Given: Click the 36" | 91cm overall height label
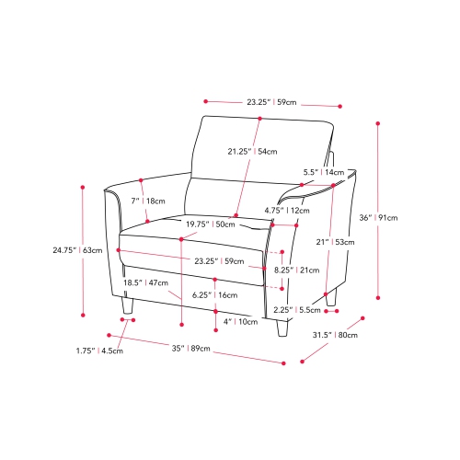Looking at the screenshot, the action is coord(378,218).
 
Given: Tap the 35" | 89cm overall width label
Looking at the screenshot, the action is coord(190,349).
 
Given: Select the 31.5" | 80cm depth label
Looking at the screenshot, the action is coord(335,335).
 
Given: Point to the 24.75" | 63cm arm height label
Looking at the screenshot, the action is coord(77,250).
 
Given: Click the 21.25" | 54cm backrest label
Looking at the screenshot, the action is coord(252,151).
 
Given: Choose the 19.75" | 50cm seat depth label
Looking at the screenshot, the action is coord(211,224).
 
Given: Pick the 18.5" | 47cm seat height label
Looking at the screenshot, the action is coord(145,282).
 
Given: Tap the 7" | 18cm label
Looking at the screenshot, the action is coord(148,201).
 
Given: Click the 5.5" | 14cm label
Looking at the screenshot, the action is coord(324,172).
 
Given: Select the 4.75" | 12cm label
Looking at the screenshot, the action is coord(287,211).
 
